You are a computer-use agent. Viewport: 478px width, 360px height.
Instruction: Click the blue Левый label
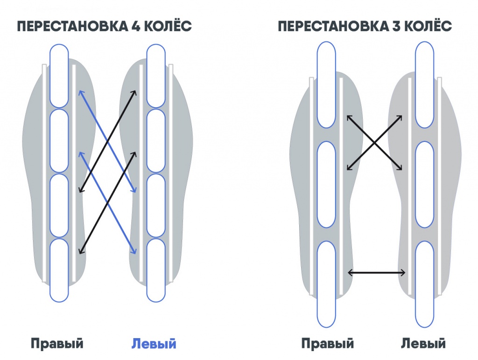[154, 344]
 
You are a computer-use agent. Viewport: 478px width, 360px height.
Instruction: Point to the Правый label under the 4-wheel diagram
[57, 344]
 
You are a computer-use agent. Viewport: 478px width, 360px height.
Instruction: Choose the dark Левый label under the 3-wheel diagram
[423, 344]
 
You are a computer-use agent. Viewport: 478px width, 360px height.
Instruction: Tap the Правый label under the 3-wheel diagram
[327, 344]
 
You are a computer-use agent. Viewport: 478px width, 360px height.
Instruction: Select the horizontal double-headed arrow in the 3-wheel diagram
[377, 272]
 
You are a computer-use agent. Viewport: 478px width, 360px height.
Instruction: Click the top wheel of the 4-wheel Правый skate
[59, 76]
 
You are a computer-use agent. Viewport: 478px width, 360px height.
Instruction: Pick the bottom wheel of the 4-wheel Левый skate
[156, 270]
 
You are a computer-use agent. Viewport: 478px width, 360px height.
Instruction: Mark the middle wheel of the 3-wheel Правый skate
[326, 184]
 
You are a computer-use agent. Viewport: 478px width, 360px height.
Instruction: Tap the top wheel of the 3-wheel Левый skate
[424, 85]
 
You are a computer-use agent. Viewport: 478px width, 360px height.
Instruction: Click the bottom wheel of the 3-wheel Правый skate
[326, 284]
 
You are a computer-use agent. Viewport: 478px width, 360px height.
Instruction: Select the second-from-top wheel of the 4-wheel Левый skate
[156, 140]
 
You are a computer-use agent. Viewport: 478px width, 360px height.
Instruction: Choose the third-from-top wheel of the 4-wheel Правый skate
[59, 205]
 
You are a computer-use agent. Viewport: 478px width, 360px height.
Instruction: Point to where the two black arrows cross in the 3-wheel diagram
[374, 143]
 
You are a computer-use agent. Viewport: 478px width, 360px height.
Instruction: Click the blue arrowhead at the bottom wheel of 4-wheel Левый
[134, 252]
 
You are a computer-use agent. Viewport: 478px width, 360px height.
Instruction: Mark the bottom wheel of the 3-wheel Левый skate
[424, 284]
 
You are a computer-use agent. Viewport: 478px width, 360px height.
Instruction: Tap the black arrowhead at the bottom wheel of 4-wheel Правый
[80, 252]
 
